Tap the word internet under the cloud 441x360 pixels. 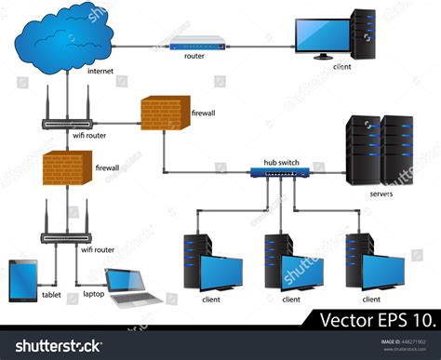click(x=100, y=71)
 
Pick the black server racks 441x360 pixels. click(x=379, y=149)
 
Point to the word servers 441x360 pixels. click(x=381, y=194)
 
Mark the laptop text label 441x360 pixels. click(x=94, y=294)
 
